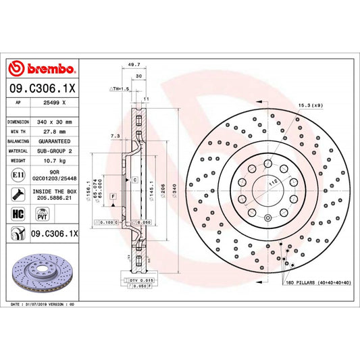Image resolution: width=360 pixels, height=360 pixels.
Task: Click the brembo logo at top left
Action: click(41, 69)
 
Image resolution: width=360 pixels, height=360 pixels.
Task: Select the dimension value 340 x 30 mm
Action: click(55, 122)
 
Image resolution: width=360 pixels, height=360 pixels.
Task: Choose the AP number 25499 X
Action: click(54, 103)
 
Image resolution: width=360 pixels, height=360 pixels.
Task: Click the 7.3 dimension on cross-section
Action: click(115, 136)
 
